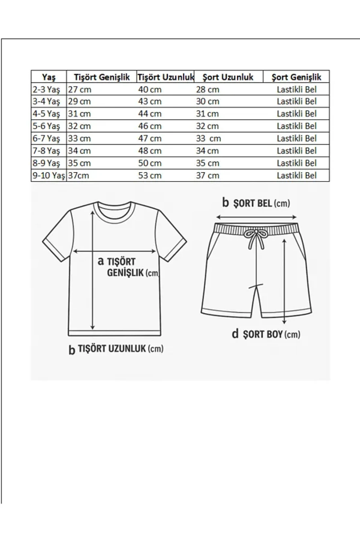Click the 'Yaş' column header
49,77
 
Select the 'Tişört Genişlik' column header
101,77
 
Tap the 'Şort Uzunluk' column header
228,77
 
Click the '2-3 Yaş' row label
46,90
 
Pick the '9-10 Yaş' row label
48,175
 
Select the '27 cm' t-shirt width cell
80,90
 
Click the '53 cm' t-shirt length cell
150,175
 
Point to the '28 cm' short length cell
207,90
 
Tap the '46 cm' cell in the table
150,126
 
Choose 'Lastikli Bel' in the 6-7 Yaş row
297,138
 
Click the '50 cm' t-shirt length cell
150,163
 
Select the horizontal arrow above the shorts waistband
256,217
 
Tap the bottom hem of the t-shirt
115,333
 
